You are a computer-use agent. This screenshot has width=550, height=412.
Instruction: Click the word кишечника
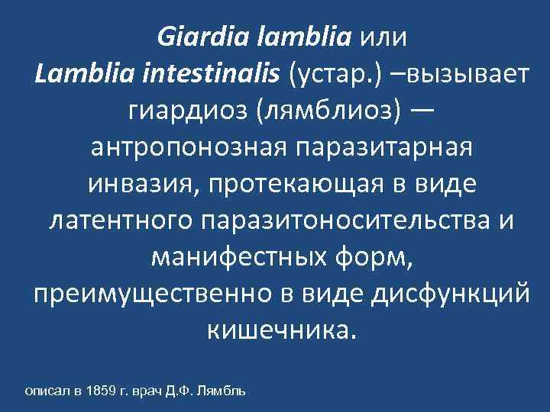tap(280, 330)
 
